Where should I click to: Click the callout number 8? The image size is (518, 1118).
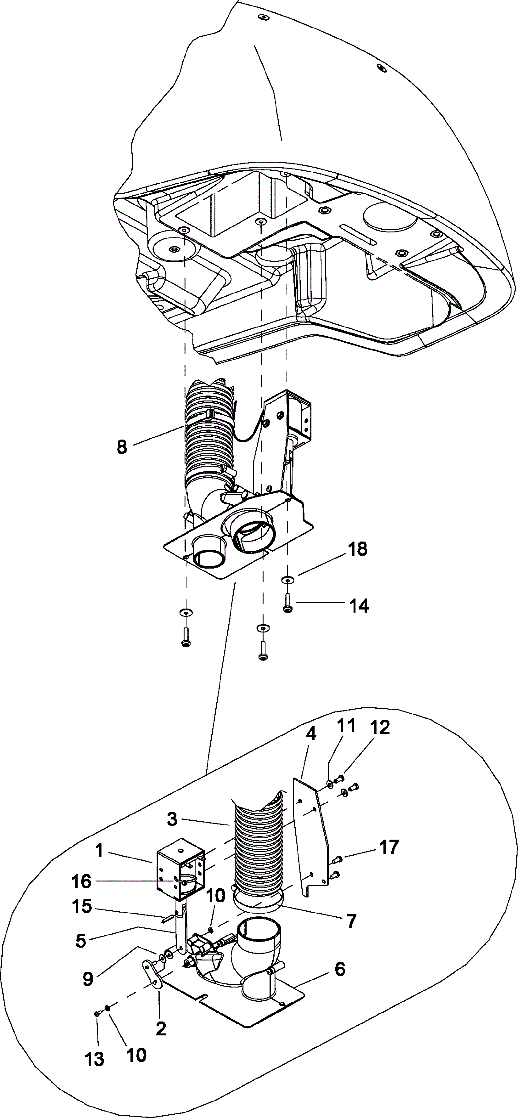click(122, 447)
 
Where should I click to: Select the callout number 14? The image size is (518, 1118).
click(359, 605)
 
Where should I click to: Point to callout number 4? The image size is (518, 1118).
click(310, 734)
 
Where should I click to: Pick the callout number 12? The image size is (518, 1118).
click(380, 728)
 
